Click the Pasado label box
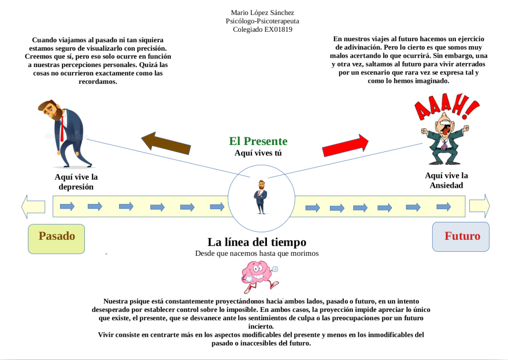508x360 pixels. pyautogui.click(x=57, y=238)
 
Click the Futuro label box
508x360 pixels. pyautogui.click(x=461, y=236)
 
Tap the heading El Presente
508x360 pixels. pyautogui.click(x=258, y=141)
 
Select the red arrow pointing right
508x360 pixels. pyautogui.click(x=346, y=144)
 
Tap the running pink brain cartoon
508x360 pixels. pyautogui.click(x=259, y=277)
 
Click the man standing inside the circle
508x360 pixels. pyautogui.click(x=261, y=197)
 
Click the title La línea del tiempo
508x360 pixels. pyautogui.click(x=256, y=242)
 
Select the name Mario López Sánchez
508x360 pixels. pyautogui.click(x=262, y=12)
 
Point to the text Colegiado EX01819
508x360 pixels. pyautogui.click(x=262, y=29)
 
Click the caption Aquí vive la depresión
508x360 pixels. pyautogui.click(x=76, y=182)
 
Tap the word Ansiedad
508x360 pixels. pyautogui.click(x=446, y=185)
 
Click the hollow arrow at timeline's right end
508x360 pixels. pyautogui.click(x=479, y=205)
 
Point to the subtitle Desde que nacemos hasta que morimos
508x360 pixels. pyautogui.click(x=256, y=253)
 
